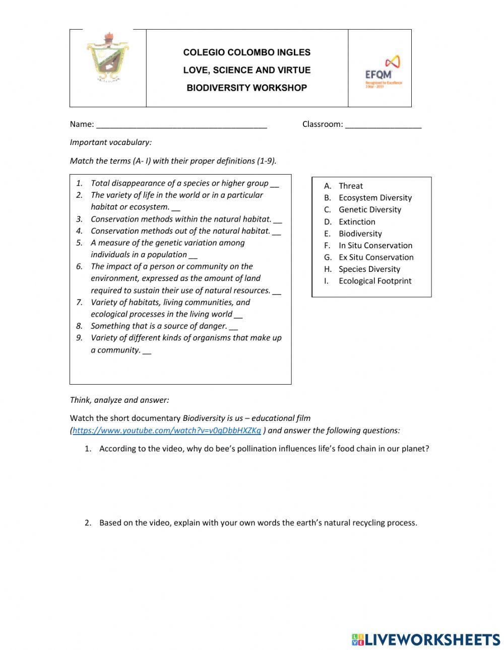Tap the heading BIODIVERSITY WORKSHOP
[x=246, y=88]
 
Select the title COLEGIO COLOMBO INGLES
[x=246, y=52]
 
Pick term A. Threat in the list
[x=350, y=186]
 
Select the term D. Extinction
[x=356, y=222]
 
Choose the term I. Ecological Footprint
[x=374, y=281]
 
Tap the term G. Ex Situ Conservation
[x=375, y=257]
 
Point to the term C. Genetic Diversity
[x=369, y=209]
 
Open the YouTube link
[x=167, y=430]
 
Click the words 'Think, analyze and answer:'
[x=119, y=400]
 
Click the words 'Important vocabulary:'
[x=110, y=142]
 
